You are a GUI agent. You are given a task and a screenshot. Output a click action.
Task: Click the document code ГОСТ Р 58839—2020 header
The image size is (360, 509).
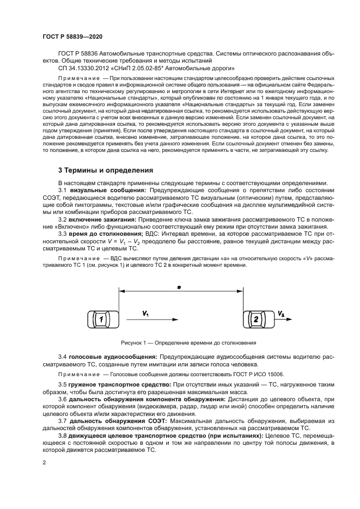[x=72, y=36]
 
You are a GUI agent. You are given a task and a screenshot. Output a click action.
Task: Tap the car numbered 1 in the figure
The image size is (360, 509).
[x=101, y=320]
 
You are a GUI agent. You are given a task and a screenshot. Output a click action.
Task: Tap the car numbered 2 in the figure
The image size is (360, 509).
[x=255, y=320]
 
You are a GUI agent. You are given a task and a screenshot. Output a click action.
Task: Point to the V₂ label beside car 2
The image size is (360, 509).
[x=280, y=314]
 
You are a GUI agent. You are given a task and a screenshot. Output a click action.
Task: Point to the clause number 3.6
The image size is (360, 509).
[x=63, y=399]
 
